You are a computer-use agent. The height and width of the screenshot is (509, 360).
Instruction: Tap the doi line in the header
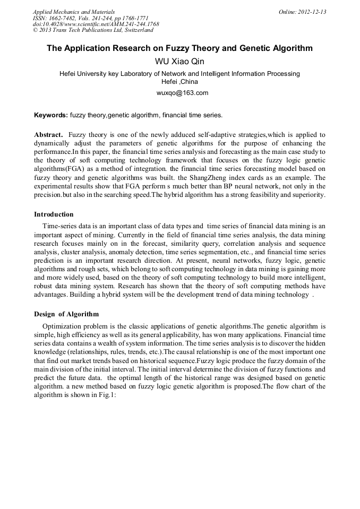pyautogui.click(x=96, y=24)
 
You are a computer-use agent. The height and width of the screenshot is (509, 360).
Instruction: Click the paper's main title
pyautogui.click(x=179, y=48)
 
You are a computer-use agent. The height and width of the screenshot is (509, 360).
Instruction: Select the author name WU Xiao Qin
pyautogui.click(x=179, y=62)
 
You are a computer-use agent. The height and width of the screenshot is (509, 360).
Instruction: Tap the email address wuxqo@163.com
pyautogui.click(x=179, y=93)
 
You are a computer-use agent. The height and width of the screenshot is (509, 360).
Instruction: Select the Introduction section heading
pyautogui.click(x=54, y=214)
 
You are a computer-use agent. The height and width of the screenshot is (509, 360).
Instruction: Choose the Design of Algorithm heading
pyautogui.click(x=66, y=314)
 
